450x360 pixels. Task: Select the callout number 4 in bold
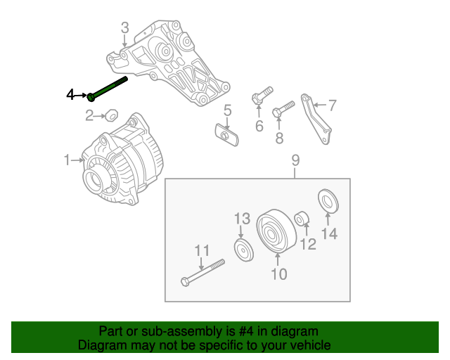click(x=70, y=94)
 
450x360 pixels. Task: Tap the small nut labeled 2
click(x=110, y=114)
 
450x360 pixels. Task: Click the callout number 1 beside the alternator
click(x=67, y=161)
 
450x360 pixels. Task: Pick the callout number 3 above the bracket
click(x=124, y=28)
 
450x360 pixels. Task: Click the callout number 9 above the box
click(x=295, y=161)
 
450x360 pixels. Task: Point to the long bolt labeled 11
click(x=202, y=273)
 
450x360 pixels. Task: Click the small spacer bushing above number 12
click(x=301, y=219)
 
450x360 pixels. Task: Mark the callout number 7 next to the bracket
click(x=332, y=105)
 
